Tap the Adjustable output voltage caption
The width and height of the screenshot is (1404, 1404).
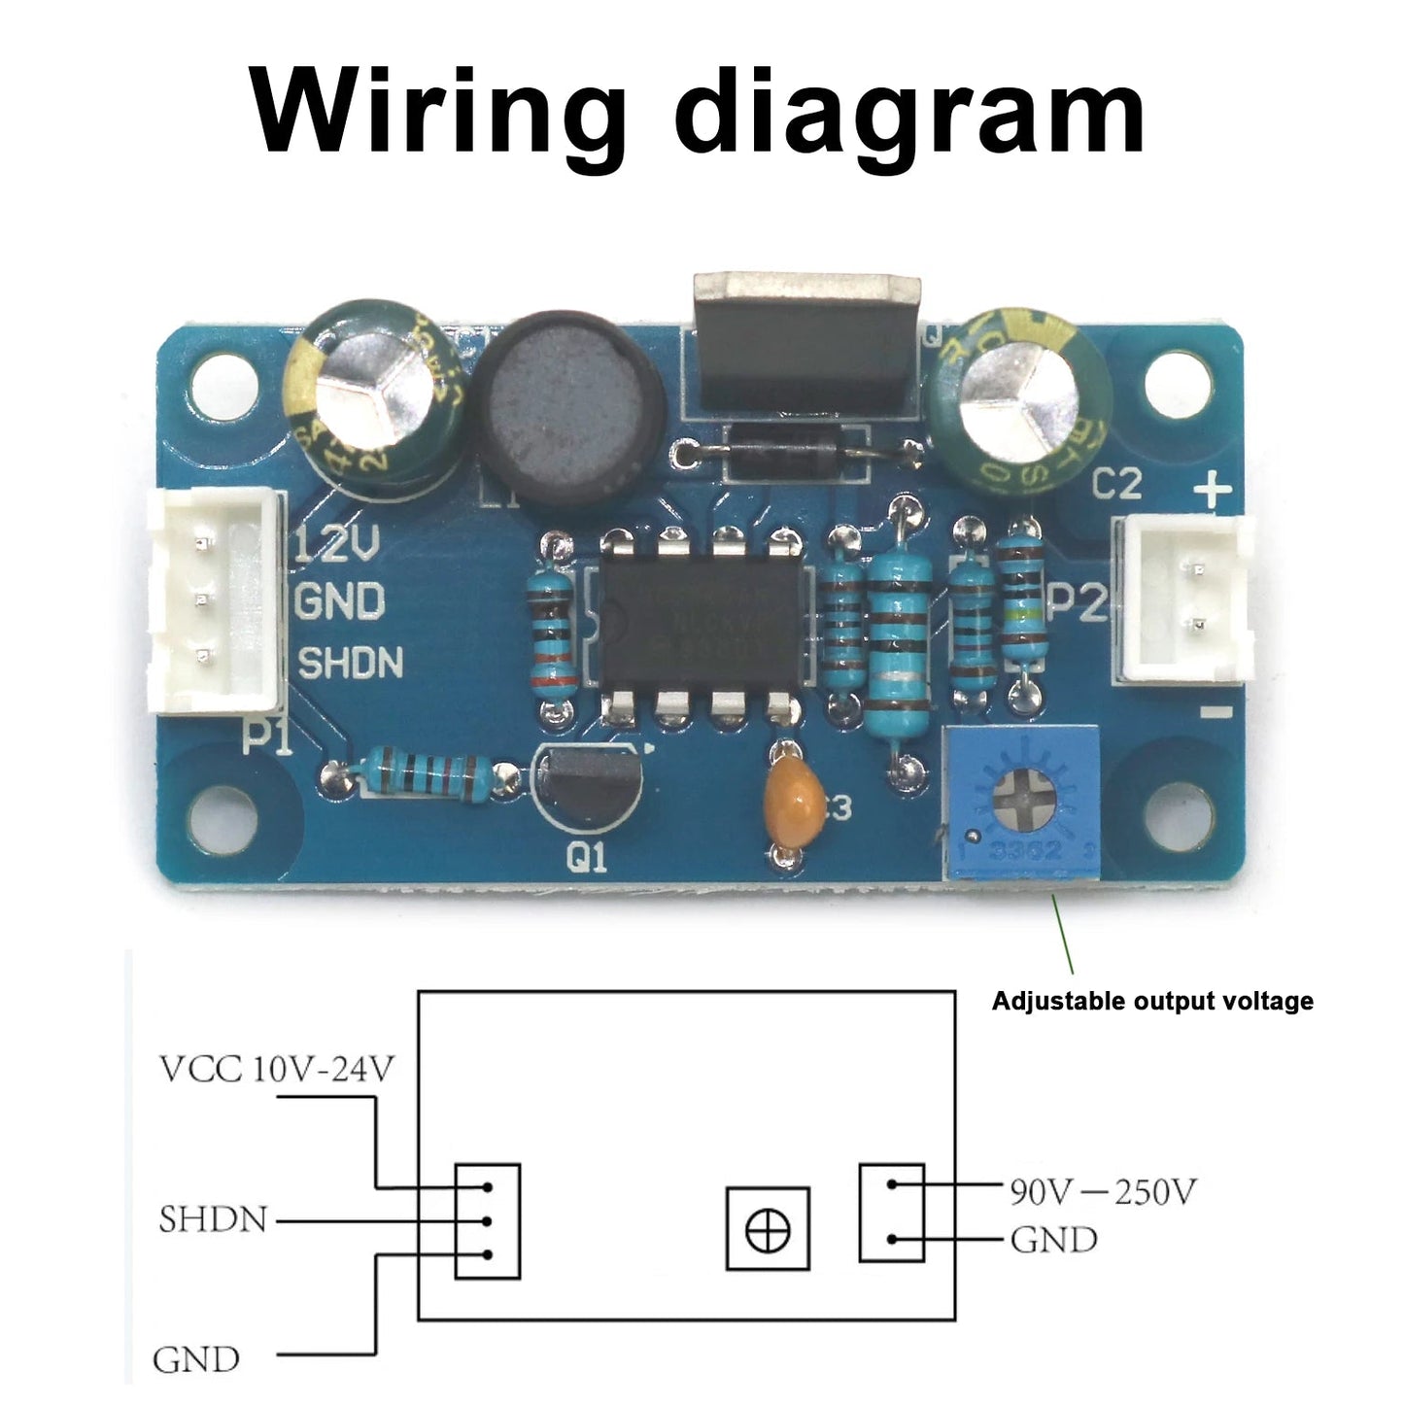[1151, 1001]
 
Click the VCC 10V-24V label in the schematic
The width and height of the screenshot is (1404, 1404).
[277, 1069]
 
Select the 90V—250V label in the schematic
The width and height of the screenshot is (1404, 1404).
[1102, 1191]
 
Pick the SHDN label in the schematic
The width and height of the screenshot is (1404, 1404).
[213, 1219]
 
